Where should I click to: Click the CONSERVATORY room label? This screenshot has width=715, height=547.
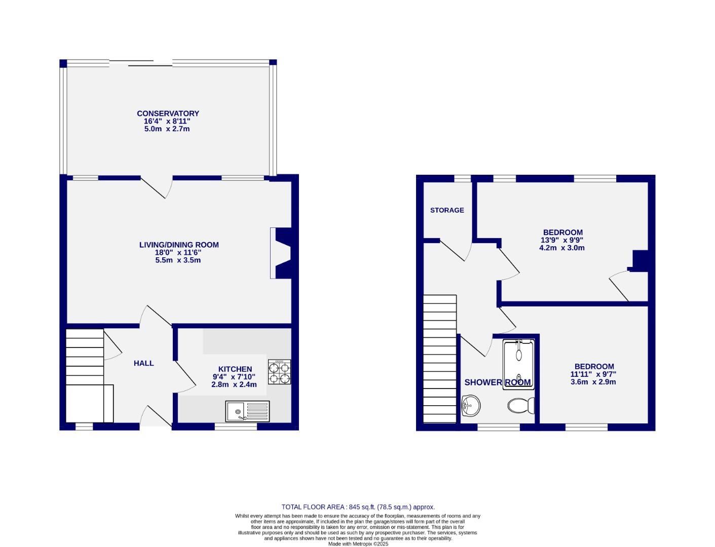(168, 113)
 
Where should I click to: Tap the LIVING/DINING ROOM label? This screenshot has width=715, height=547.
(179, 245)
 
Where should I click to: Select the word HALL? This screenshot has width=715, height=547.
(143, 363)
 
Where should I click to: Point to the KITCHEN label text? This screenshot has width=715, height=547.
(235, 369)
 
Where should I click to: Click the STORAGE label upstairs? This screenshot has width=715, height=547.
(447, 210)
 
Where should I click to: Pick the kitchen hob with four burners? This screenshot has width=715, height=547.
(279, 372)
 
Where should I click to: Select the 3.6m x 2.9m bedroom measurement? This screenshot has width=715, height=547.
(593, 382)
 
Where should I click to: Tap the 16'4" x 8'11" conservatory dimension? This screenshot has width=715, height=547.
(167, 121)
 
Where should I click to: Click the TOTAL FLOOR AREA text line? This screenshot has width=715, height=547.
(358, 507)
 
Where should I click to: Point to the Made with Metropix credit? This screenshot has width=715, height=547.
(358, 544)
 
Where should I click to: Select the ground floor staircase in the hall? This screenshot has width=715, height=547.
(85, 375)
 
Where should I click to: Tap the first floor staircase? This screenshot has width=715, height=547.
(439, 359)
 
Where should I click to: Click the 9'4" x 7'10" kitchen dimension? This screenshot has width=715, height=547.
(234, 377)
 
